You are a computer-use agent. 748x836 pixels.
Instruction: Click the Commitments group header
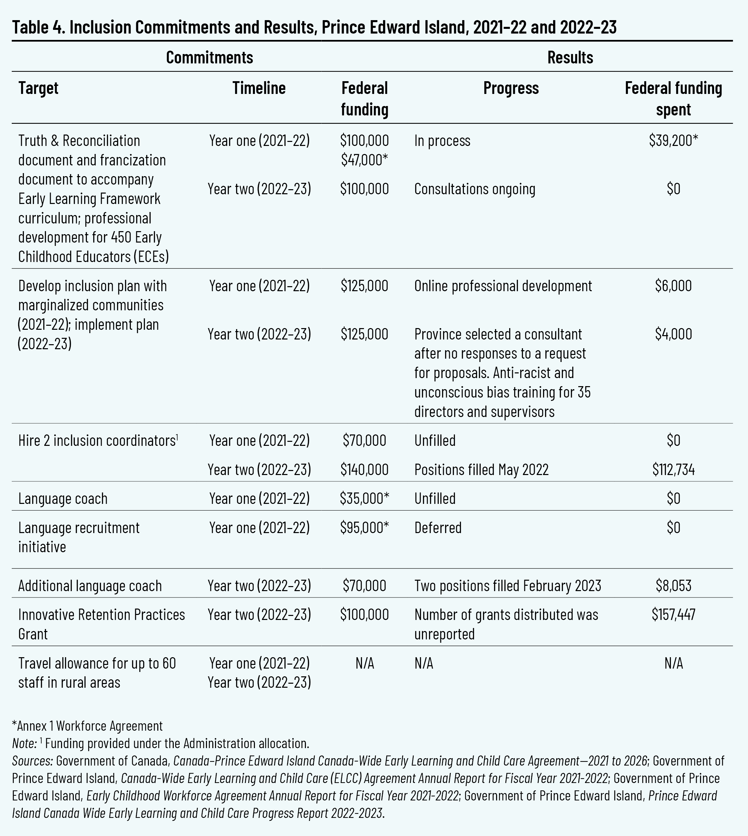209,57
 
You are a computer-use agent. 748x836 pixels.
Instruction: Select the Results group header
570,57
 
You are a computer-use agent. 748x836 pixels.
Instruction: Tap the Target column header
38,88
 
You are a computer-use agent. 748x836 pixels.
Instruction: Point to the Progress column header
511,88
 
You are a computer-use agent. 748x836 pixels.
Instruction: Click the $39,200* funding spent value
673,141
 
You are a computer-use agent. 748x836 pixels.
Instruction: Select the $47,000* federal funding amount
365,160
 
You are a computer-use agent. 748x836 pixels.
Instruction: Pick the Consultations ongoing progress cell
474,189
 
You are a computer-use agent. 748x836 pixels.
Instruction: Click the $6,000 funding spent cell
673,285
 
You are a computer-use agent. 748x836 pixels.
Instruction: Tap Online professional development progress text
503,285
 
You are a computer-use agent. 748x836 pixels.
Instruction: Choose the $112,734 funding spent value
673,469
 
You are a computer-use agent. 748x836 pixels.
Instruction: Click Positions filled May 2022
481,469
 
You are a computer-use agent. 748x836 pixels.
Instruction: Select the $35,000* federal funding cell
365,499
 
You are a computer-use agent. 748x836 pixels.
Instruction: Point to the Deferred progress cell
438,528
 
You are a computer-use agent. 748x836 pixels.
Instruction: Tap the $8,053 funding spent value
673,586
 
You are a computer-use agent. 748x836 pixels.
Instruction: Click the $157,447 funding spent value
673,615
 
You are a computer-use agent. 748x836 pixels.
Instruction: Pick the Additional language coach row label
90,586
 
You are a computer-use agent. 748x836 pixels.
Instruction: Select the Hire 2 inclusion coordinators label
97,440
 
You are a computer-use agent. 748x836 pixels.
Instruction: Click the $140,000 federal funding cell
365,469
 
